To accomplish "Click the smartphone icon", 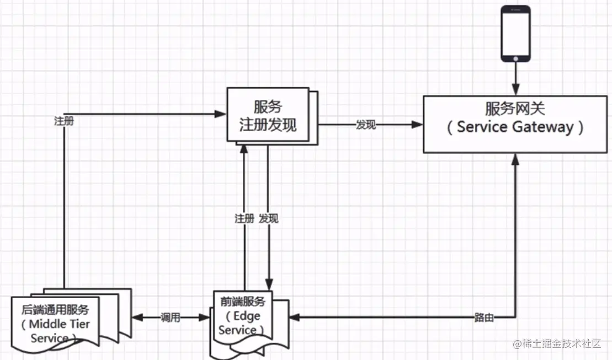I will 515,33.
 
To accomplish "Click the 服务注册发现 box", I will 268,115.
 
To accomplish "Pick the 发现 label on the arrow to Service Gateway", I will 365,125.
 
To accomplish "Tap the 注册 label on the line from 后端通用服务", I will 63,121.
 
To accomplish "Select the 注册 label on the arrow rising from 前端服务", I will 244,219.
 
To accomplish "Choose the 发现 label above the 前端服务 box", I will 269,219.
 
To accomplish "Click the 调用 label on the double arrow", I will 171,317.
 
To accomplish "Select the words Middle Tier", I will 62,324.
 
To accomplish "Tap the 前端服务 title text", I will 243,302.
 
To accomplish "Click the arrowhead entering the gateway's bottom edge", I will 515,158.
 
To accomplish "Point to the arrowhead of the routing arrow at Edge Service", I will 294,317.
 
